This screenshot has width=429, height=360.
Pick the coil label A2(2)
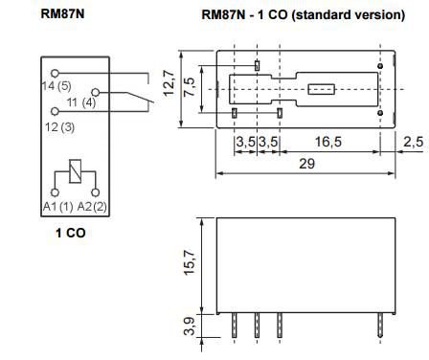coord(94,206)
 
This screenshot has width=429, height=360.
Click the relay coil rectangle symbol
coord(76,174)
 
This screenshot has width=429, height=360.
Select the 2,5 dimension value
coord(413,142)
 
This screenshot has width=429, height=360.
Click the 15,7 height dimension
coord(191,259)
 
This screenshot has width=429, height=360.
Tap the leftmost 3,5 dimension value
coord(246,142)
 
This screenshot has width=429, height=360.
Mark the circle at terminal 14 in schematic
coord(55,72)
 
